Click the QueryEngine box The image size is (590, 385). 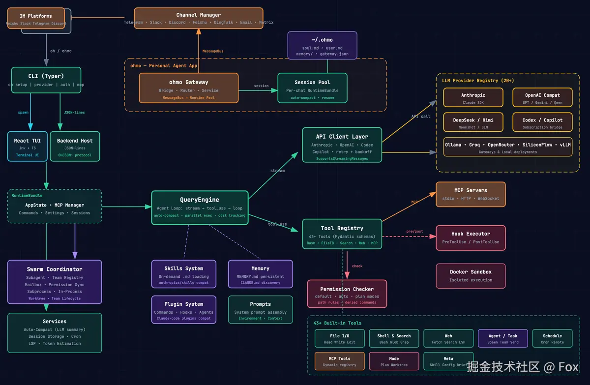[x=200, y=207]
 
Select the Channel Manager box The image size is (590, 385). [x=199, y=18]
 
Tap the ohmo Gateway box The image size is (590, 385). [x=189, y=88]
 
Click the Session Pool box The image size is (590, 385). [x=312, y=88]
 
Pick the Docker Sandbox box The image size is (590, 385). [x=471, y=275]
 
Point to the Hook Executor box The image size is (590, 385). [x=471, y=237]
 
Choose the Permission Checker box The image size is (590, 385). [x=347, y=294]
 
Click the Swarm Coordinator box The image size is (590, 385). [x=55, y=282]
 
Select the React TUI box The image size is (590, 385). [x=28, y=147]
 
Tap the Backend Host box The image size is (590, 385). [x=75, y=147]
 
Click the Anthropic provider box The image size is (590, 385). [x=473, y=97]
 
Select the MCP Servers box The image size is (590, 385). [x=471, y=194]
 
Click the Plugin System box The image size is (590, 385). [x=183, y=309]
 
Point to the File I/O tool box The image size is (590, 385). [x=339, y=338]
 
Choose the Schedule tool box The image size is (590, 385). [x=552, y=338]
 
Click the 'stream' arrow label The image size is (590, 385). [x=277, y=171]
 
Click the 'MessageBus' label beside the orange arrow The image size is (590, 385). [x=213, y=51]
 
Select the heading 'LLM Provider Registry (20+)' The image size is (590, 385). [x=472, y=80]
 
